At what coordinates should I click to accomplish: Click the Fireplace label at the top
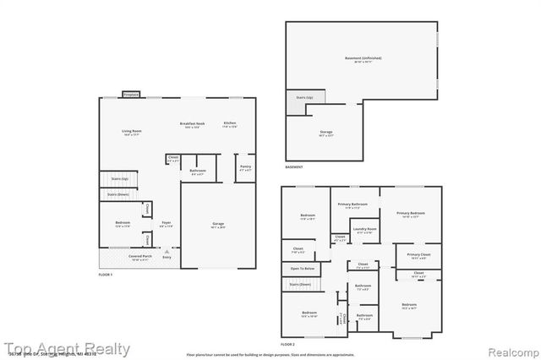[131, 95]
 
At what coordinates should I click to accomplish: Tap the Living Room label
[131, 131]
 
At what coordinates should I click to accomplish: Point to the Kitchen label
[229, 124]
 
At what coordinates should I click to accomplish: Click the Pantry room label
[245, 167]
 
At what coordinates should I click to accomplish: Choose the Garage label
[218, 224]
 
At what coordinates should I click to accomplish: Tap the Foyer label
[167, 224]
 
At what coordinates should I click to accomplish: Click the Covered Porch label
[140, 256]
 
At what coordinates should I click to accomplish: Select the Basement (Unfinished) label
[363, 58]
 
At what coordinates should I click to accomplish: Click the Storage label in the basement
[326, 133]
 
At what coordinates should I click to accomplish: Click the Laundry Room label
[365, 229]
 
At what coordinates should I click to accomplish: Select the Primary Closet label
[418, 254]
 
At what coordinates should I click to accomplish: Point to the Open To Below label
[303, 268]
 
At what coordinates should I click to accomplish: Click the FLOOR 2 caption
[288, 344]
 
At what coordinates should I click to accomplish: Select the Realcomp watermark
[510, 349]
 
